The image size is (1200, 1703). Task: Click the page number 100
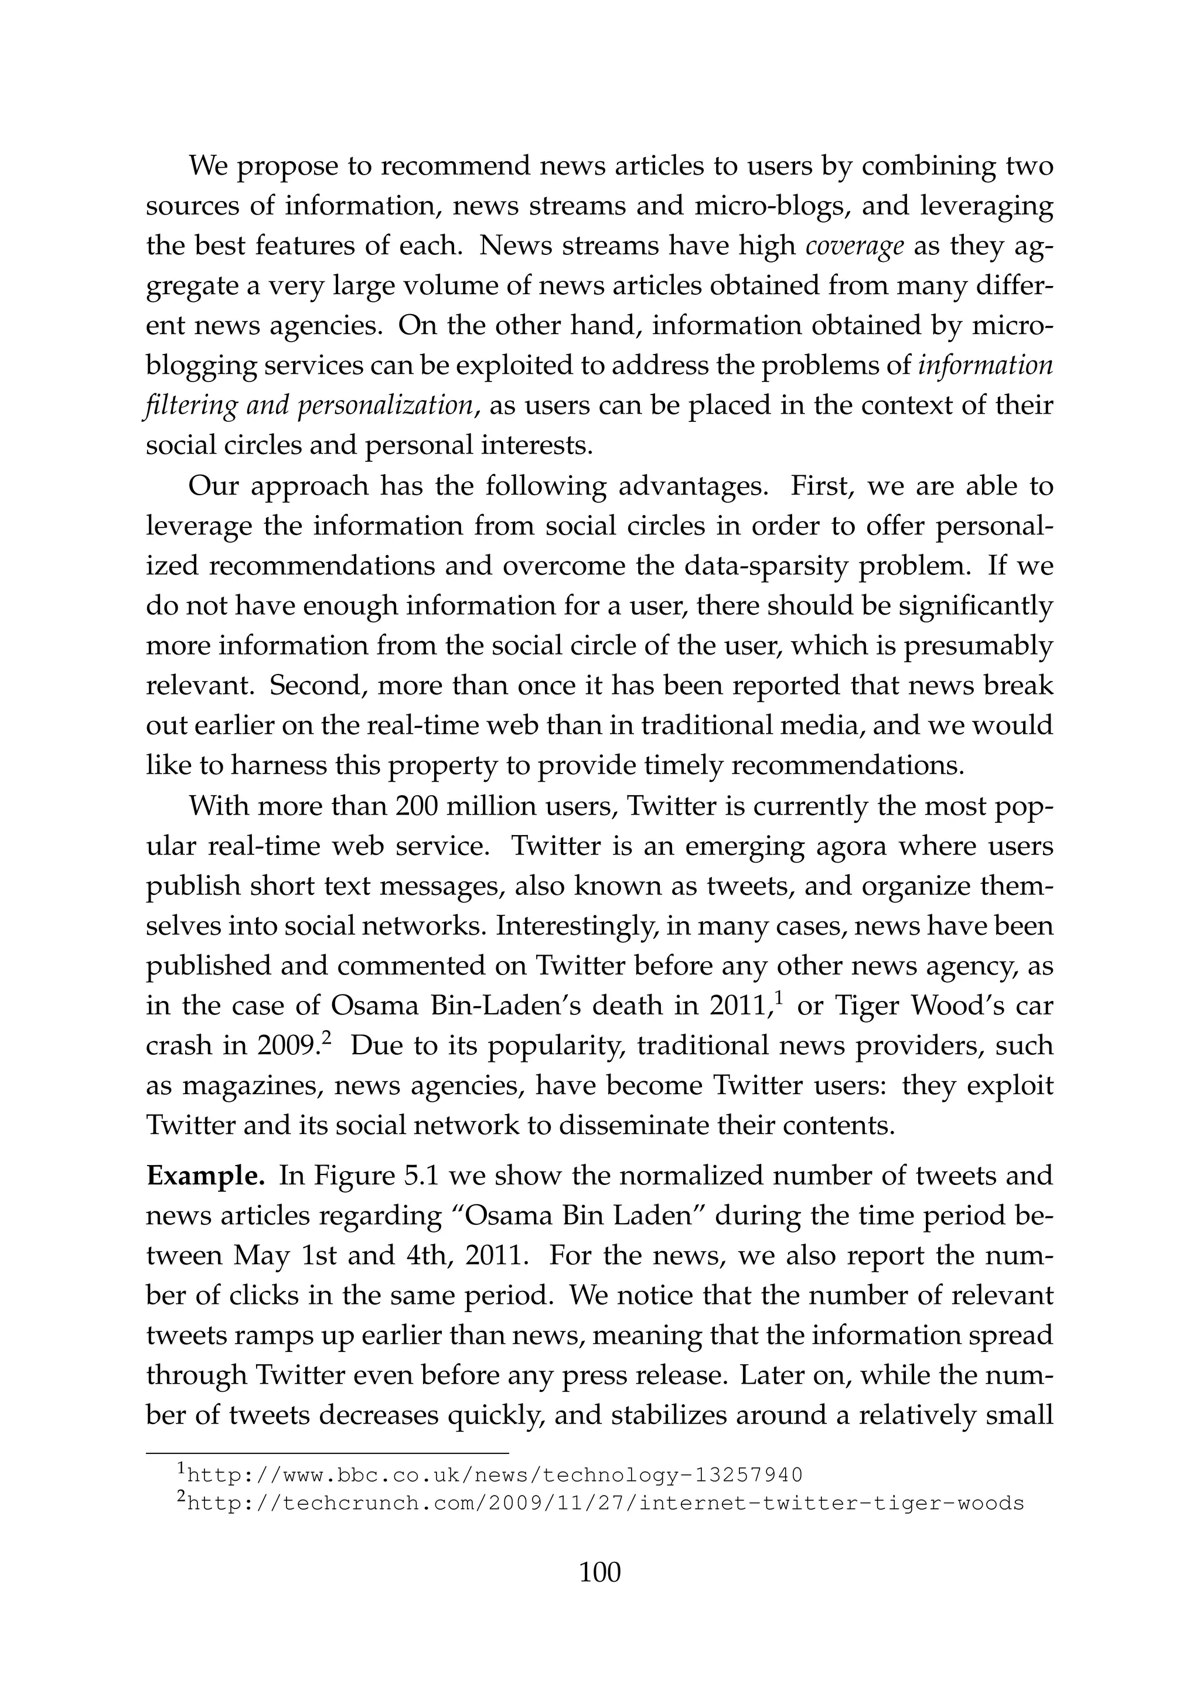point(599,1572)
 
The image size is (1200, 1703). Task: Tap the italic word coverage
point(854,246)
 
